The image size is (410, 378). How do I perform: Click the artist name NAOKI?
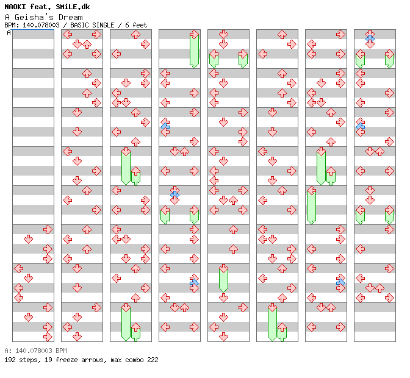point(15,7)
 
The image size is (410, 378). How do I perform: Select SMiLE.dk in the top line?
point(73,7)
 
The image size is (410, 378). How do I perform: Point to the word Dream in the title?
point(71,17)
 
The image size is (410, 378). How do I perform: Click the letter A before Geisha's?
point(6,17)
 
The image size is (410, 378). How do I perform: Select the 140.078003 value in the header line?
point(40,26)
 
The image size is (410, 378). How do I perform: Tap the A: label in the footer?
point(7,351)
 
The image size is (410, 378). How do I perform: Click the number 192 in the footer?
point(9,360)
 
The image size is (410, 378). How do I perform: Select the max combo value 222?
point(152,360)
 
